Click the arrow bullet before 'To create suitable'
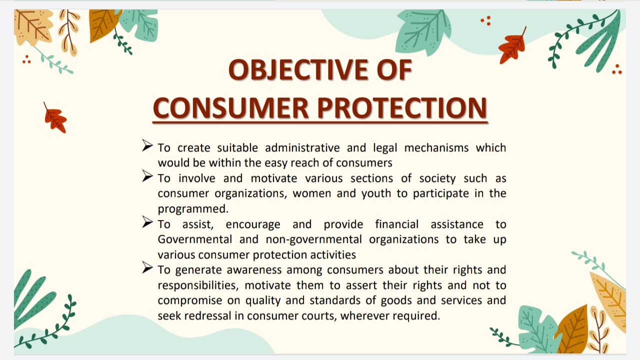[147, 145]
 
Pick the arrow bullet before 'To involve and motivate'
[147, 176]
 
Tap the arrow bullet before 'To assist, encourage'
[147, 222]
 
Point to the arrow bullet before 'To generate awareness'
[147, 268]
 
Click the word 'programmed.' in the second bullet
[193, 209]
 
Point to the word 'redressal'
[218, 316]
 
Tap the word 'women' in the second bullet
[311, 193]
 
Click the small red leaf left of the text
[55, 119]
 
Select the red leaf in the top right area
[512, 46]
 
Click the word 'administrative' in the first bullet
[302, 148]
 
